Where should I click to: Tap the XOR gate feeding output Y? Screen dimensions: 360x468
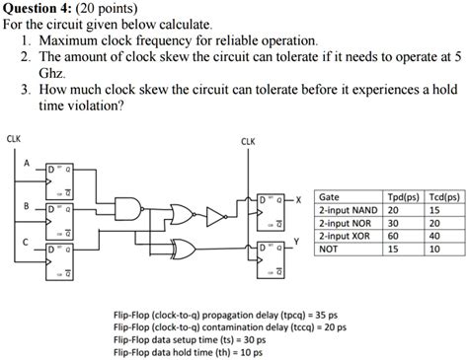185,246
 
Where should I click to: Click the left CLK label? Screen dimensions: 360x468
14,138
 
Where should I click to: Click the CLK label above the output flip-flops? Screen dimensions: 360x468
248,141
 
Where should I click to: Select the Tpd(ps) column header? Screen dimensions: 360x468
402,197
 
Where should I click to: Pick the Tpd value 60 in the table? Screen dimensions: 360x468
393,237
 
